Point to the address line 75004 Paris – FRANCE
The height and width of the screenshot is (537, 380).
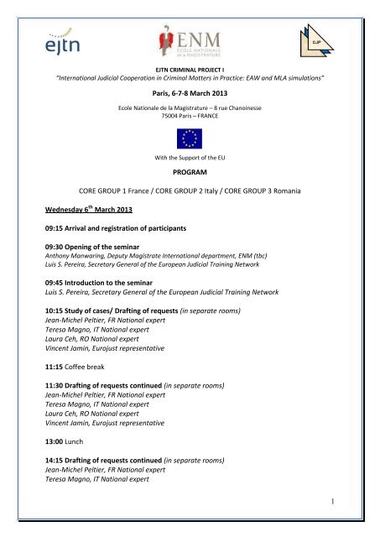click(190, 123)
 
